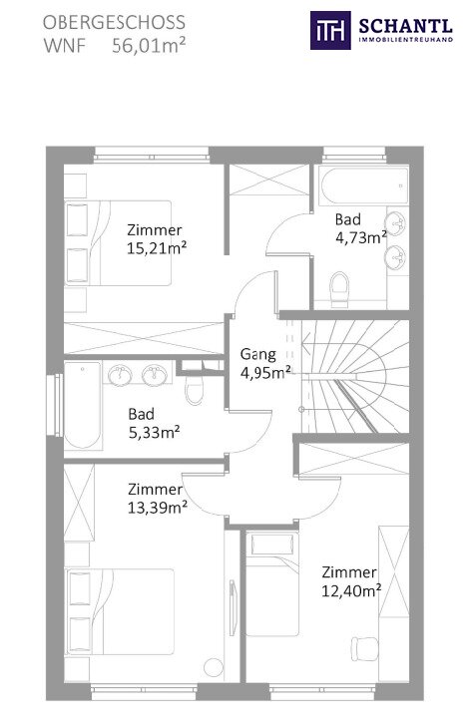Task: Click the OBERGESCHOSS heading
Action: tap(114, 22)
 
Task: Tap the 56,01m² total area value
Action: tap(149, 46)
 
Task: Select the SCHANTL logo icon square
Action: tap(330, 30)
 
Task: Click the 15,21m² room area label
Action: tap(157, 248)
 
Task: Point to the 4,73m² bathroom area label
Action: tap(361, 237)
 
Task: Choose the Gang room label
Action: tap(258, 355)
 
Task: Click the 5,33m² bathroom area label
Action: tap(155, 432)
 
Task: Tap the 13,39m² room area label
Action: tap(158, 508)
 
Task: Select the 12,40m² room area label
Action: tap(351, 590)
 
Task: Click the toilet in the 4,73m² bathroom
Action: tap(339, 290)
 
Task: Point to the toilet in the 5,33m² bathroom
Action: tap(195, 389)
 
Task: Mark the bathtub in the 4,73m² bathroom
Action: tap(364, 185)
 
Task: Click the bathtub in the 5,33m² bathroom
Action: tap(83, 405)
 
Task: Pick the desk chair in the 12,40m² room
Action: tap(364, 648)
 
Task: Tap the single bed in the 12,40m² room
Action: tap(272, 584)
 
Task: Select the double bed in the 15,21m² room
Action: tap(118, 242)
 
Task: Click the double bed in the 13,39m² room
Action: tap(120, 611)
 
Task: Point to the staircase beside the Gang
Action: tap(355, 376)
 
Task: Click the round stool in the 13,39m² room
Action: tap(214, 667)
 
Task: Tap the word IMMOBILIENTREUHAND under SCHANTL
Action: tap(405, 40)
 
